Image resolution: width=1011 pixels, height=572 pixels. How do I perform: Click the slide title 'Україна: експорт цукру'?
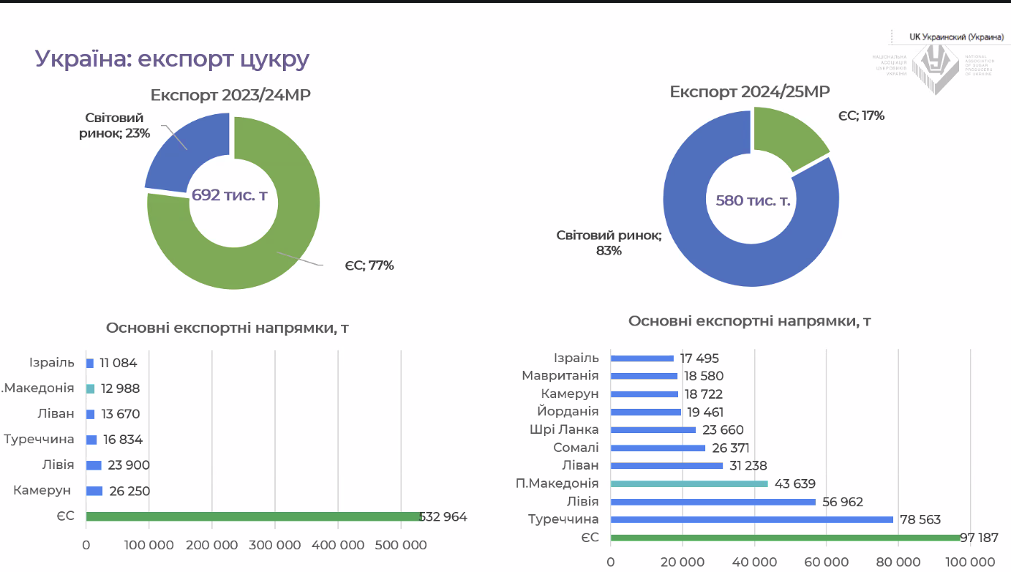(x=173, y=59)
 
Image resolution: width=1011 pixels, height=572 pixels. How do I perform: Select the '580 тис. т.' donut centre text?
(x=753, y=200)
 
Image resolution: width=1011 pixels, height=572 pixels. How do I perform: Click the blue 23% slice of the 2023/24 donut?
(x=183, y=154)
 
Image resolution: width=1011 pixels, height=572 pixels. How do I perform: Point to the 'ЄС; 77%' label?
(x=369, y=265)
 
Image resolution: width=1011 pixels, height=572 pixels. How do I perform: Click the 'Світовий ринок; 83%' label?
(x=609, y=243)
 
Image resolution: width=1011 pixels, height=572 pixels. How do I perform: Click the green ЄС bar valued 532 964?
(x=252, y=516)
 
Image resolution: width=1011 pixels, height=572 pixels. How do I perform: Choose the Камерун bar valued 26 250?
(x=94, y=491)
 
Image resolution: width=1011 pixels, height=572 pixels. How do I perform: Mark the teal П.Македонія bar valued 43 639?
(x=688, y=483)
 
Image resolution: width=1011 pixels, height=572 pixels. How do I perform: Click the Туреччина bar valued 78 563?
(x=751, y=519)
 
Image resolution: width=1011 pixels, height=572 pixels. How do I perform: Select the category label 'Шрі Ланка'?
(x=563, y=429)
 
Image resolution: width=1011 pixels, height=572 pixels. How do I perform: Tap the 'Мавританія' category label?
(x=560, y=375)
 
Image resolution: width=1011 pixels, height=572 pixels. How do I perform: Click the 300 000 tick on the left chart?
(x=274, y=545)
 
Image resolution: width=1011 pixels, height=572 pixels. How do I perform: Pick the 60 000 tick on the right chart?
(x=826, y=562)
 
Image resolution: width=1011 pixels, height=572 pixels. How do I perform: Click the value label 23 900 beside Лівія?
(x=129, y=465)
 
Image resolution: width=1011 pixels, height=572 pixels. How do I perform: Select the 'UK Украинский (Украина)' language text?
(x=956, y=36)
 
